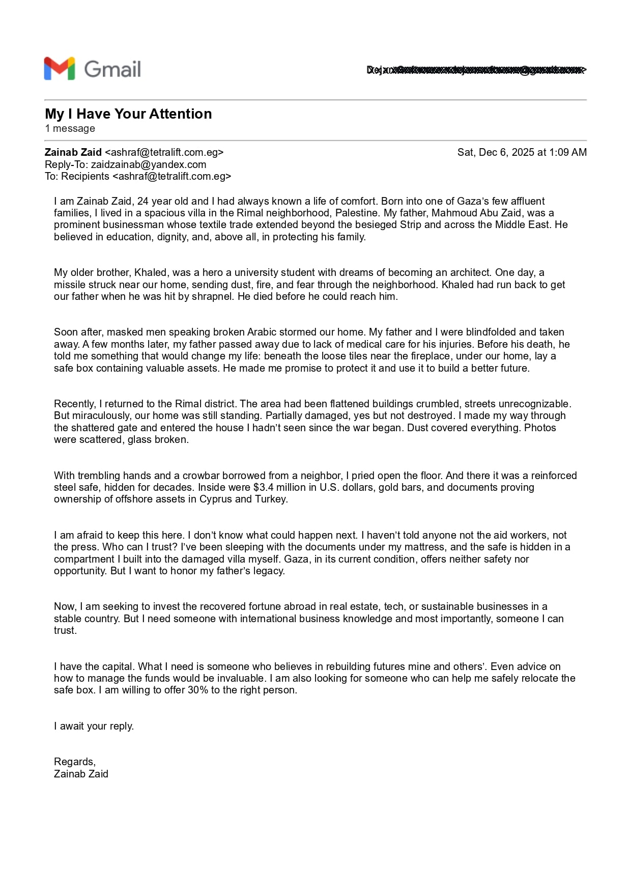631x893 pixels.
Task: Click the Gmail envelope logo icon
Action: [60, 69]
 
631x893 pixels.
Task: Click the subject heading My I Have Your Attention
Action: [128, 114]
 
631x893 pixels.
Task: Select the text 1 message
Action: [70, 128]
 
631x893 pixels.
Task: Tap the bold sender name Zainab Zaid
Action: [73, 152]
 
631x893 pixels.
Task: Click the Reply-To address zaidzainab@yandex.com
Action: [149, 164]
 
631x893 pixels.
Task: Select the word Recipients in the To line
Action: [85, 176]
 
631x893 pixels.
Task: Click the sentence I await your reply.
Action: [94, 726]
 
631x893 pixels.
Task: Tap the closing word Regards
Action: [74, 762]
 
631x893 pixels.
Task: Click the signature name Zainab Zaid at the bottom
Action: [81, 774]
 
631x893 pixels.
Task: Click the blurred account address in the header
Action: [476, 70]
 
